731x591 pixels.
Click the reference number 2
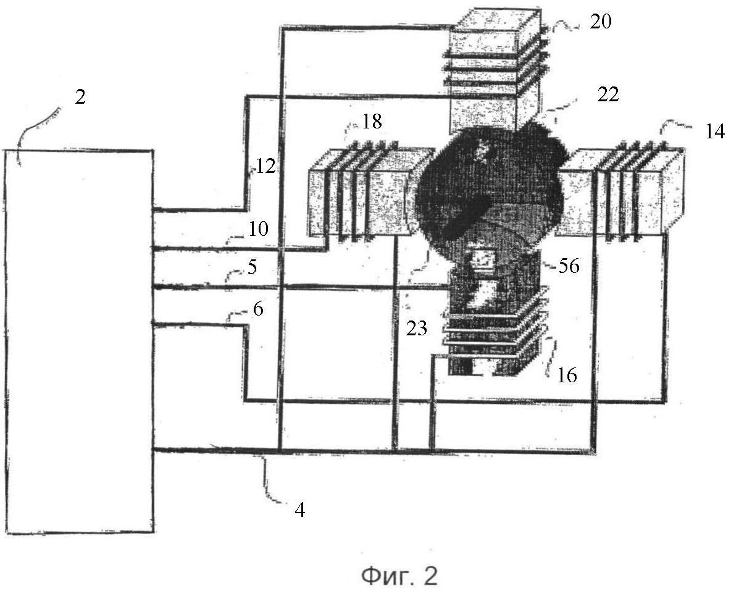[80, 98]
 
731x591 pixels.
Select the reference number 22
[608, 94]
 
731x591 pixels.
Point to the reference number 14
[714, 132]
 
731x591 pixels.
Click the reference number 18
[372, 122]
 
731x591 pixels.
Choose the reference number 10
[259, 230]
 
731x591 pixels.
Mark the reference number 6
[258, 309]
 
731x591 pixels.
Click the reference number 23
[417, 329]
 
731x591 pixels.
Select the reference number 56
[569, 266]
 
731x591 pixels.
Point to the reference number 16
[567, 375]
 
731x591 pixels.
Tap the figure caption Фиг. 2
[399, 576]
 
